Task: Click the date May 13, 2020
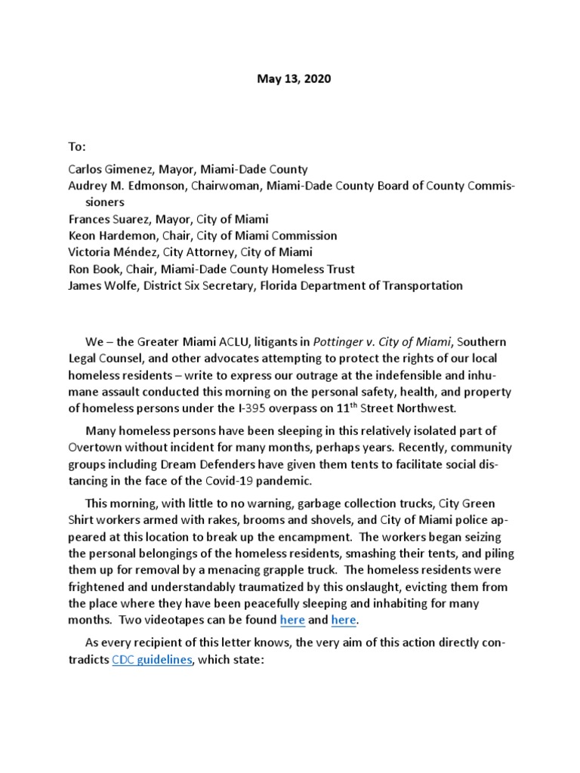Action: tap(290, 79)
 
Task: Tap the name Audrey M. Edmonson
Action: tap(127, 186)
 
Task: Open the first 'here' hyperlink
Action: tap(292, 620)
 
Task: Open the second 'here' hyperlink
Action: tap(344, 620)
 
